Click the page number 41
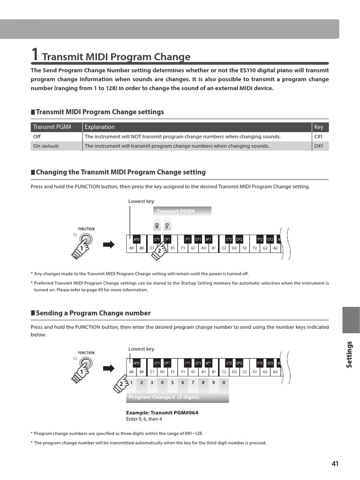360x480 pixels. [x=335, y=464]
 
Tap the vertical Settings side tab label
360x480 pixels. [x=349, y=354]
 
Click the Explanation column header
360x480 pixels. [x=99, y=127]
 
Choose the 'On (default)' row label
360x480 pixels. [x=46, y=146]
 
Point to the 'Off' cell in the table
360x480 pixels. [x=37, y=136]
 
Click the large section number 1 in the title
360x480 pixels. [x=35, y=54]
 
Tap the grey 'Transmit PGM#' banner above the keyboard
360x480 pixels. [x=175, y=211]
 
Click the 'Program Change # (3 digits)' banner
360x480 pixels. [x=164, y=397]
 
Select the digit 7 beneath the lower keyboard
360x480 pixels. [x=193, y=382]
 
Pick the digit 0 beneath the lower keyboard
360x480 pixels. [x=224, y=382]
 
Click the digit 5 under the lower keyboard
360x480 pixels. [x=172, y=382]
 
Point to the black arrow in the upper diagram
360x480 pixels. [x=109, y=244]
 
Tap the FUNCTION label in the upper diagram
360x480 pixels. [x=86, y=229]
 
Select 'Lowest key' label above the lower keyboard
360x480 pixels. [x=141, y=349]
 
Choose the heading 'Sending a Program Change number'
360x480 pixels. [x=93, y=313]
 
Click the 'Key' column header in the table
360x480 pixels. [x=319, y=127]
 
